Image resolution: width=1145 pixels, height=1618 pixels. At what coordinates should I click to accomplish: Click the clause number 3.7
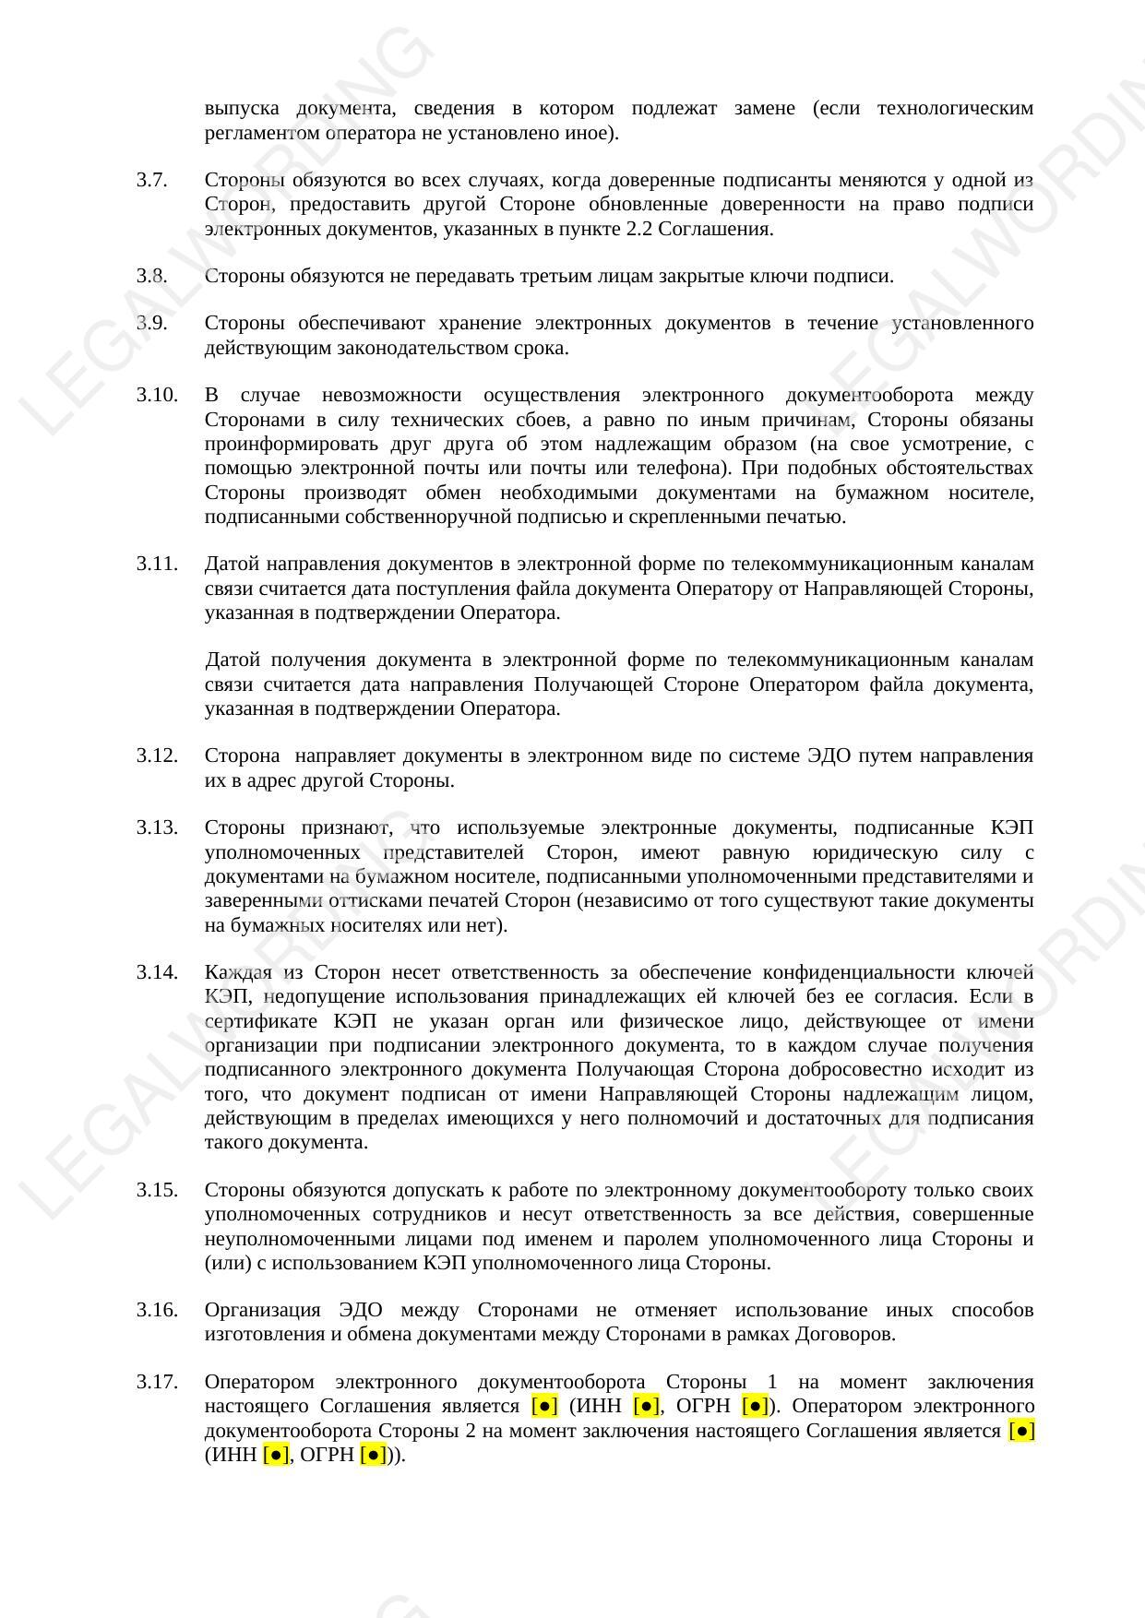[x=152, y=180]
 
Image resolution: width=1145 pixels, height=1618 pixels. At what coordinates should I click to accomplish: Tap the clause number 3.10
[x=157, y=395]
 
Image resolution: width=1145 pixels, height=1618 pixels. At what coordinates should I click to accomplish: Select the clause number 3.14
[x=157, y=972]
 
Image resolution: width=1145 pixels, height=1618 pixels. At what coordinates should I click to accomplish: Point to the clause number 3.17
[x=157, y=1382]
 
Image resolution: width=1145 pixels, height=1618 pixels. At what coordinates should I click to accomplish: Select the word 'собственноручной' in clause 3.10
[x=419, y=517]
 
